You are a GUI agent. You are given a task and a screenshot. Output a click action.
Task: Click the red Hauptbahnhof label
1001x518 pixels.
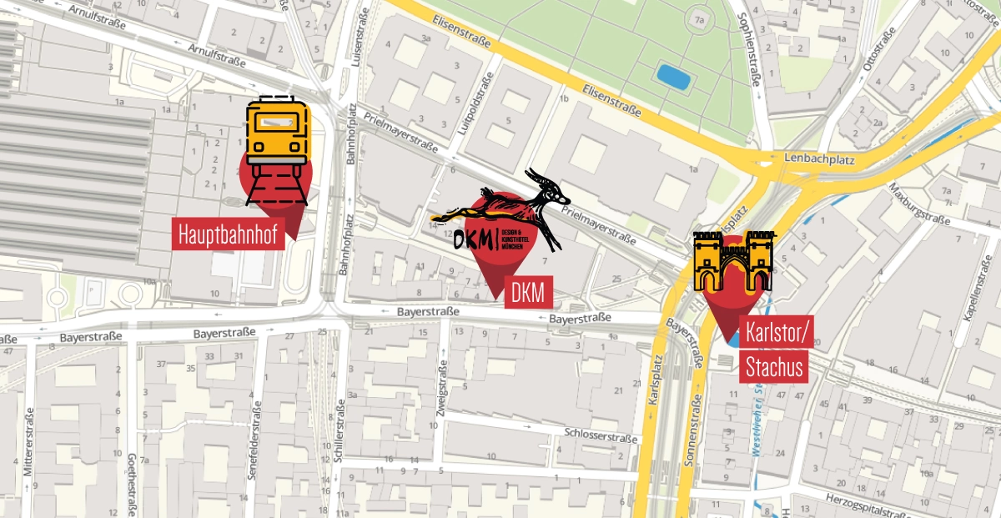(228, 232)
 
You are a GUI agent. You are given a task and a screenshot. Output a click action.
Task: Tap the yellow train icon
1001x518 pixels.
(277, 133)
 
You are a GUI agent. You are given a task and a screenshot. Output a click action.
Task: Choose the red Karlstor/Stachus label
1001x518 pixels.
(775, 350)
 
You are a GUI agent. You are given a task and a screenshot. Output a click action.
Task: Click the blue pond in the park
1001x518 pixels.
(673, 76)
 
